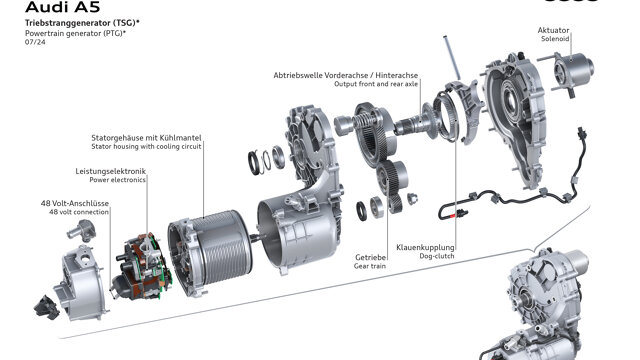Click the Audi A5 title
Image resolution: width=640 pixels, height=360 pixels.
[x=62, y=7]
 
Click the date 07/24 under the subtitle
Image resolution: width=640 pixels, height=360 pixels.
[x=35, y=42]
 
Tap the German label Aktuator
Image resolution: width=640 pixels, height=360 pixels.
[x=553, y=30]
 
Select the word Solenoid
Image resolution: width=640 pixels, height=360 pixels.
[x=555, y=39]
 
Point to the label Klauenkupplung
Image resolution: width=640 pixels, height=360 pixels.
[x=425, y=247]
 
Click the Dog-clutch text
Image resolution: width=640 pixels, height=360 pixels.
[x=437, y=256]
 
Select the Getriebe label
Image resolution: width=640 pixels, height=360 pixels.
[x=371, y=258]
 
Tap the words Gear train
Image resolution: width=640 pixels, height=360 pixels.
[x=370, y=266]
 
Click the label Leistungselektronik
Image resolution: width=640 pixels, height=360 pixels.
[x=111, y=171]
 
